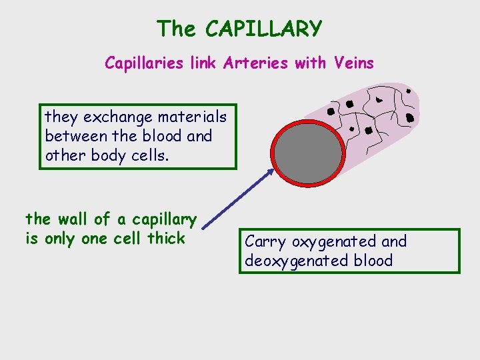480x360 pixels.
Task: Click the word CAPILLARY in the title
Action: [264, 29]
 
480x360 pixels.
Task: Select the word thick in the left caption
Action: [166, 238]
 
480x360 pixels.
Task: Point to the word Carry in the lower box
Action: [266, 242]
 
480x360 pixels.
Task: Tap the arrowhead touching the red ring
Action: [269, 172]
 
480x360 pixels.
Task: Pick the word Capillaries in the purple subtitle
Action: [141, 63]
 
